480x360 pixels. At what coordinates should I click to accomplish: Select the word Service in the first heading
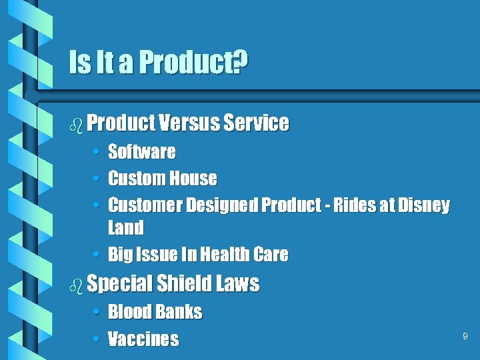click(257, 123)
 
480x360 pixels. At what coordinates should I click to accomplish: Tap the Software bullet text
click(142, 152)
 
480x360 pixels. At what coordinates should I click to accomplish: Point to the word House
click(193, 179)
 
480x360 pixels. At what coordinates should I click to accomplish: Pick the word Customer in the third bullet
click(145, 205)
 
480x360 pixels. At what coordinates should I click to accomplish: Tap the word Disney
click(424, 205)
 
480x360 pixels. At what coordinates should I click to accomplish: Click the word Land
click(126, 228)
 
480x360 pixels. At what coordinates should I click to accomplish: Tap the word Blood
click(131, 312)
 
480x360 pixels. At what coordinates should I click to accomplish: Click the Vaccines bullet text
click(143, 339)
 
